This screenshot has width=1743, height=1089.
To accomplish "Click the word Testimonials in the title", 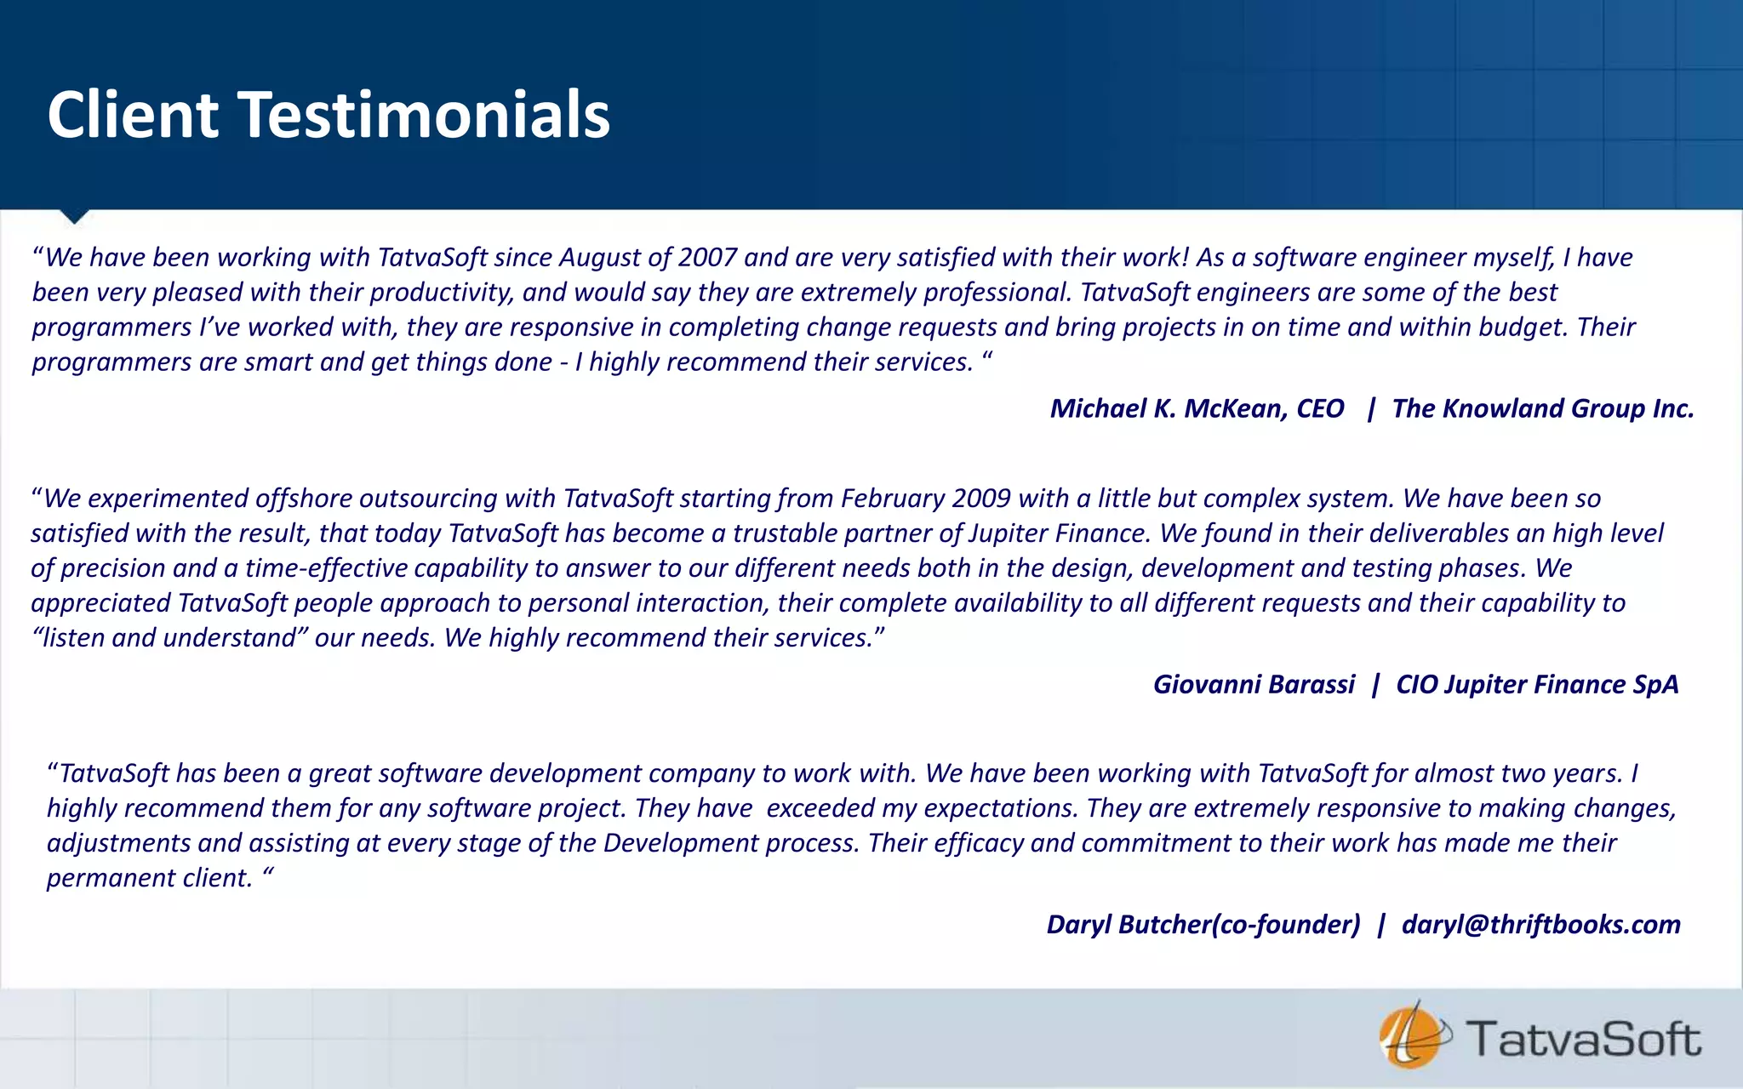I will point(423,115).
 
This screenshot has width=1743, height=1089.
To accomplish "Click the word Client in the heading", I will point(133,115).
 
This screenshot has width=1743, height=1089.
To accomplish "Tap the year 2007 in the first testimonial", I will point(707,257).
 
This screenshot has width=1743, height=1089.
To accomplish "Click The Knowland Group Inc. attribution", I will point(1542,408).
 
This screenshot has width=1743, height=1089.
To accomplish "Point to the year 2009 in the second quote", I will point(981,498).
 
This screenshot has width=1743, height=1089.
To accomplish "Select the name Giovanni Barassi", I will point(1254,684).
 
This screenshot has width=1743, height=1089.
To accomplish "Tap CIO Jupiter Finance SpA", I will point(1537,684).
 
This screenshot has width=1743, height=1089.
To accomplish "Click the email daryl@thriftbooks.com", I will point(1540,924).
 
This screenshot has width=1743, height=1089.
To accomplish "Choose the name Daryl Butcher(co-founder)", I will point(1203,924).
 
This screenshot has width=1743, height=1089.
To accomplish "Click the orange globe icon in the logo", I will point(1409,1036).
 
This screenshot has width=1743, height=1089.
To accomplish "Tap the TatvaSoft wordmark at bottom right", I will point(1583,1039).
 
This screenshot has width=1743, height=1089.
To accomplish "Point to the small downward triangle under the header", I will point(75,216).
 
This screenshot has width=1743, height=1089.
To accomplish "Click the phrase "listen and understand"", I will point(170,637).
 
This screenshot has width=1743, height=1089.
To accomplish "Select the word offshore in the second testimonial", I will point(303,498).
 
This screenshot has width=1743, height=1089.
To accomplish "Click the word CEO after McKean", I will point(1320,408).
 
